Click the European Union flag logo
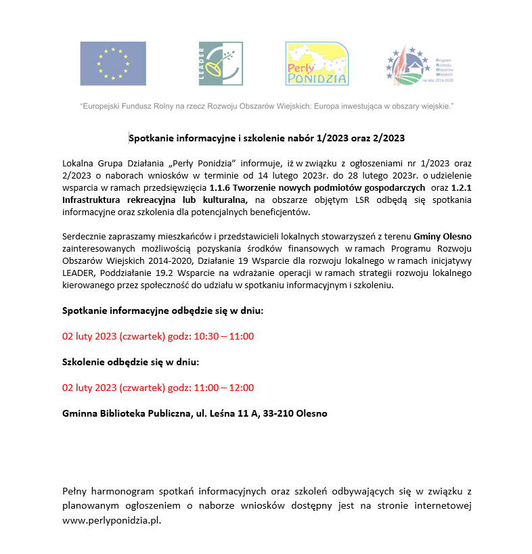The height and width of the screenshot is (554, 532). [x=113, y=64]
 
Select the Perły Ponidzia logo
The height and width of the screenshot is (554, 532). [x=317, y=64]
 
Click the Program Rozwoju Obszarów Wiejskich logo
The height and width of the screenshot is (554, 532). [x=419, y=64]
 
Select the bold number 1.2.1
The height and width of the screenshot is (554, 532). [x=461, y=187]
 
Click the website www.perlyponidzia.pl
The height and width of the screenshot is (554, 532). [x=112, y=522]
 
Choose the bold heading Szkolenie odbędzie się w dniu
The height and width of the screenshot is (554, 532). [x=130, y=362]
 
